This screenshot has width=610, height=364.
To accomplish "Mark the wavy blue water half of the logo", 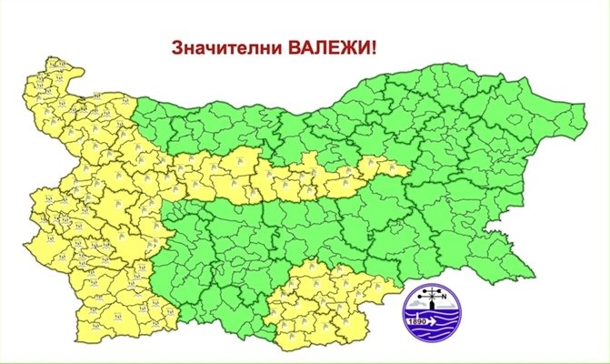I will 434,328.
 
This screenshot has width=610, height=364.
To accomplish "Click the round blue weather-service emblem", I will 433,310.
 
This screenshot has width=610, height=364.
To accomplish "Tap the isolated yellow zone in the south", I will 327,305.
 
